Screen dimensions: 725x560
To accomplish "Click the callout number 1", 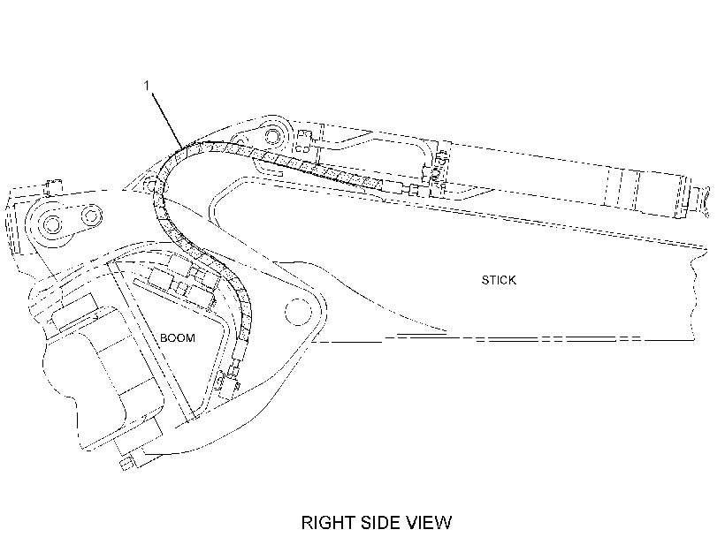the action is (147, 86).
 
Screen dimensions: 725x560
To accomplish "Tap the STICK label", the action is (499, 280).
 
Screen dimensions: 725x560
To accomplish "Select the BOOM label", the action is (178, 337).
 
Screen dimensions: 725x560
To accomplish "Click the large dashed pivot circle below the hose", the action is (298, 312).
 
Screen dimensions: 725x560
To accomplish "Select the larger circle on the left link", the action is (51, 225).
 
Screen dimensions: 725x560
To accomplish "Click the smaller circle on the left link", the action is (92, 216).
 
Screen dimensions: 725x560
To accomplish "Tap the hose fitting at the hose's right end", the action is (413, 189).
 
